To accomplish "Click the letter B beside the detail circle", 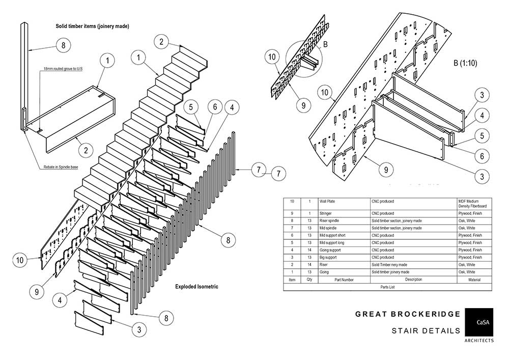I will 325,44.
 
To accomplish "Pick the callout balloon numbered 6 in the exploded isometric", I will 214,107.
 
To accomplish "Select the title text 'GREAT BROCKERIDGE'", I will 408,314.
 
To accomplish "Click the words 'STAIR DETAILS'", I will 426,331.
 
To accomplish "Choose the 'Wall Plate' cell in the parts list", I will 327,201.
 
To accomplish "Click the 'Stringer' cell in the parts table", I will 326,213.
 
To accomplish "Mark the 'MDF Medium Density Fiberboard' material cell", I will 475,204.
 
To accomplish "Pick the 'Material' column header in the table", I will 475,280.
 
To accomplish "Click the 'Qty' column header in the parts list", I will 309,280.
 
